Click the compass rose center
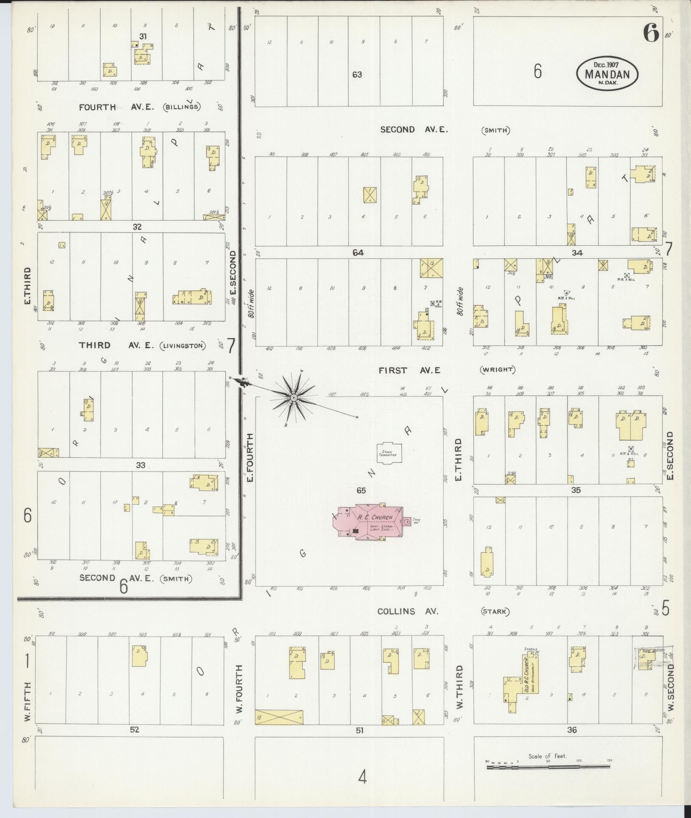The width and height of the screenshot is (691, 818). coord(293,397)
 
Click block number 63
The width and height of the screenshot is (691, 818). coord(357,75)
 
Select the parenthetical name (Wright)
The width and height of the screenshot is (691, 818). coord(497,370)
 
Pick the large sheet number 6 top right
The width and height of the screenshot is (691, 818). coord(650,32)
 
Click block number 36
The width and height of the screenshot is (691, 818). coord(572,730)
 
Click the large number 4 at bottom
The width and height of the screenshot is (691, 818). coord(362,777)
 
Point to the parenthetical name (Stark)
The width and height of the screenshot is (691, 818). coord(495,612)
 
